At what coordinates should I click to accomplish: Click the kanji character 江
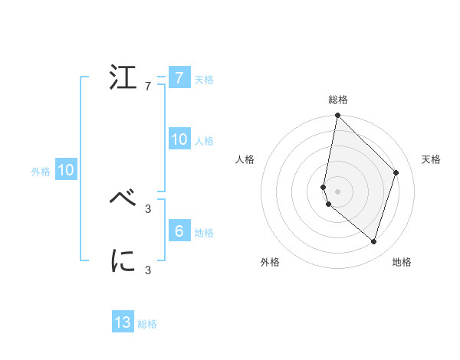pyautogui.click(x=123, y=78)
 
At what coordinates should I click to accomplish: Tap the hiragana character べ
pyautogui.click(x=123, y=198)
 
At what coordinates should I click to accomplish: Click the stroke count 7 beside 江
pyautogui.click(x=148, y=87)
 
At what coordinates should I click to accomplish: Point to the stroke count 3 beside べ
pyautogui.click(x=148, y=207)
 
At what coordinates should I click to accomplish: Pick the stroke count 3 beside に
pyautogui.click(x=148, y=270)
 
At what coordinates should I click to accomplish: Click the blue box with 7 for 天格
pyautogui.click(x=179, y=78)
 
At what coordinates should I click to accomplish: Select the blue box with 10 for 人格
pyautogui.click(x=179, y=139)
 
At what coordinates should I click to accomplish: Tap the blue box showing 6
pyautogui.click(x=179, y=231)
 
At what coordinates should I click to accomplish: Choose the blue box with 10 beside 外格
pyautogui.click(x=65, y=171)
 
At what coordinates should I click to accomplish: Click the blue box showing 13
pyautogui.click(x=123, y=322)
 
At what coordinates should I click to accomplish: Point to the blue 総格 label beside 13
pyautogui.click(x=148, y=324)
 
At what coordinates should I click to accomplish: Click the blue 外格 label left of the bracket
pyautogui.click(x=41, y=172)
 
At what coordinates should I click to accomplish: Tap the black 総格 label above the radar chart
pyautogui.click(x=338, y=100)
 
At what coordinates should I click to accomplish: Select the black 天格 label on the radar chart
pyautogui.click(x=432, y=159)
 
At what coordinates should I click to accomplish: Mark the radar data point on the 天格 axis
pyautogui.click(x=396, y=172)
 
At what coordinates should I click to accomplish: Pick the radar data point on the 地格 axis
pyautogui.click(x=374, y=242)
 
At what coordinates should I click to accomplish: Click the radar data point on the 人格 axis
pyautogui.click(x=324, y=187)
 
